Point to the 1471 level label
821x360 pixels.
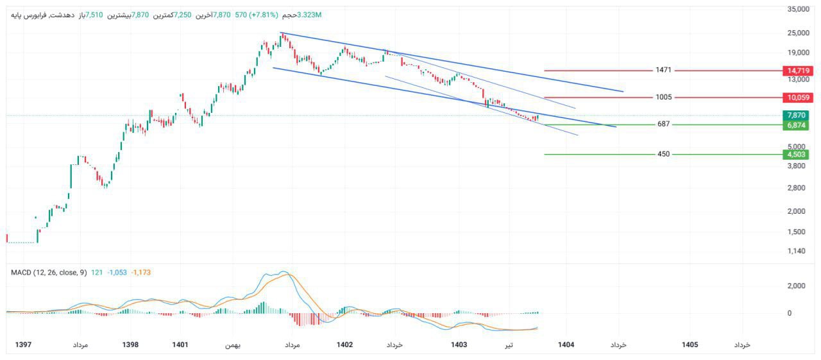[x=663, y=70]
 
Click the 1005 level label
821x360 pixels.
[x=663, y=98]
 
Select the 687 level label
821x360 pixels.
[x=663, y=124]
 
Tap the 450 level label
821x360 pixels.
[x=663, y=154]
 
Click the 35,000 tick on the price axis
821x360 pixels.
[x=798, y=9]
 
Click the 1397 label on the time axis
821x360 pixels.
[x=23, y=345]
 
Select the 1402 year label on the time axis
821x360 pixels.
[x=344, y=345]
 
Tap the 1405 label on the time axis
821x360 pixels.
[x=690, y=345]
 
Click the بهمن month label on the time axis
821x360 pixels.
[x=232, y=345]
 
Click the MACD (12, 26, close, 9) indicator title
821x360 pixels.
[x=49, y=273]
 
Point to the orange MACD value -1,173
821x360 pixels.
[x=140, y=273]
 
